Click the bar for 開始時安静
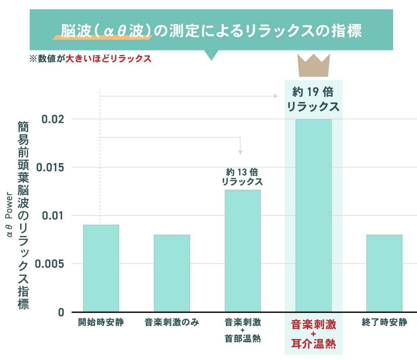click(x=101, y=268)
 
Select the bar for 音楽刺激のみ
click(x=172, y=273)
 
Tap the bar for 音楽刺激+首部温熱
click(x=243, y=250)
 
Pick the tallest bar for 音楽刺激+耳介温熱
click(x=313, y=216)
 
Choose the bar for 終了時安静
click(x=384, y=273)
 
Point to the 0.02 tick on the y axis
click(x=53, y=119)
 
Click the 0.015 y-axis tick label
click(x=50, y=168)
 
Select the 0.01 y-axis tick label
click(x=53, y=216)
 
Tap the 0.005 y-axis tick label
click(x=50, y=264)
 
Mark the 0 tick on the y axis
click(x=61, y=312)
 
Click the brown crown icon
click(x=314, y=65)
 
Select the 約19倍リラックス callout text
click(x=313, y=99)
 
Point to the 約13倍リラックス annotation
click(x=242, y=177)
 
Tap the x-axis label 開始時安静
click(x=101, y=322)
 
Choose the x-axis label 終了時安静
click(x=384, y=322)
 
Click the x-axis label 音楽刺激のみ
click(x=172, y=322)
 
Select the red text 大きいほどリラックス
click(x=109, y=58)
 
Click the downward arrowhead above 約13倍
click(x=240, y=152)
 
